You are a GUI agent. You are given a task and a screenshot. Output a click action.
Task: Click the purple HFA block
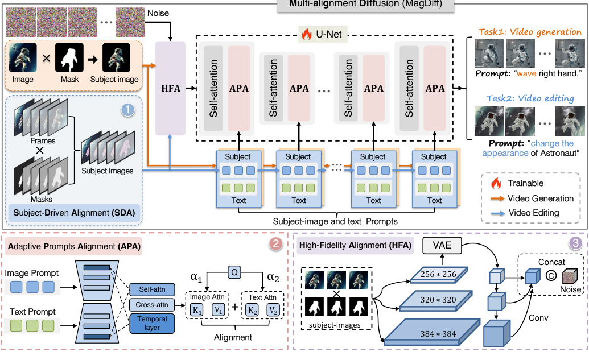(171, 88)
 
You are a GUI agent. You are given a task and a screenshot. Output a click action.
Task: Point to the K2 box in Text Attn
(252, 311)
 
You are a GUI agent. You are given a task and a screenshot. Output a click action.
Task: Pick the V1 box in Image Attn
(217, 311)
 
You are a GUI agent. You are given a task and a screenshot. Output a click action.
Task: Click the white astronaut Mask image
(69, 59)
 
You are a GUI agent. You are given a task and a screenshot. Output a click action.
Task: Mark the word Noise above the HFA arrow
(158, 13)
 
